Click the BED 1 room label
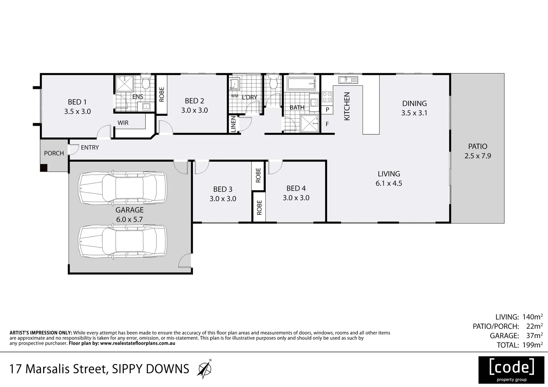pos(77,102)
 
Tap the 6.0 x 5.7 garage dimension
pos(129,219)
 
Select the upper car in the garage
pos(123,188)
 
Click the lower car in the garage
pos(123,242)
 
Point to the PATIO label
pos(477,146)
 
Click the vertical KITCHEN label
pos(347,106)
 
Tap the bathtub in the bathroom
pos(301,84)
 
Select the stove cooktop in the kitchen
pos(327,97)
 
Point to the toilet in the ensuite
pos(146,83)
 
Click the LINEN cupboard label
pos(233,124)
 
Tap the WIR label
pos(123,123)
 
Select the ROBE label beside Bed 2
pos(161,94)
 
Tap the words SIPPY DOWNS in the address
pos(151,369)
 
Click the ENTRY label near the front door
pos(90,147)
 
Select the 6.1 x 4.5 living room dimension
pos(389,183)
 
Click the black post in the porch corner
pos(43,167)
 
